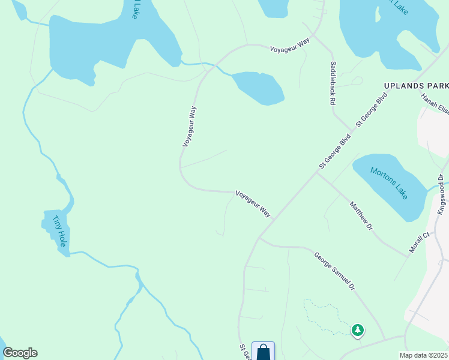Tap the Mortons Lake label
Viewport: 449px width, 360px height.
(389, 182)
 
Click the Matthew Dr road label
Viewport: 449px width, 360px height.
(361, 216)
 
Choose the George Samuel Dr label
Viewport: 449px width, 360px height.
(334, 271)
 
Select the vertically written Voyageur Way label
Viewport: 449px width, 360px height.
(190, 127)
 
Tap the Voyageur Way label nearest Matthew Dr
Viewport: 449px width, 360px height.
(253, 203)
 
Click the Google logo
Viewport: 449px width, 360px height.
(20, 353)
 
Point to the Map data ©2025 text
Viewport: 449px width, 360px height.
(423, 355)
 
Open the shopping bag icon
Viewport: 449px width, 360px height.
(263, 352)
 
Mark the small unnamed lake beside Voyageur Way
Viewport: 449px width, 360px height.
(258, 88)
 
